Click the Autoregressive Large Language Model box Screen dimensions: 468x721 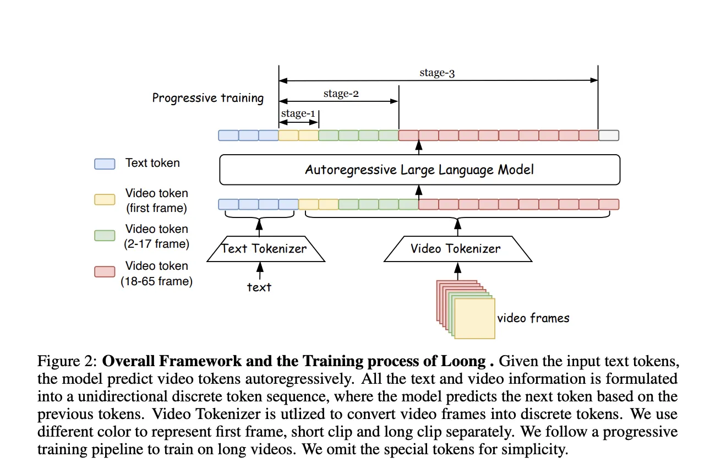(419, 170)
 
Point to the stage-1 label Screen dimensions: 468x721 (298, 113)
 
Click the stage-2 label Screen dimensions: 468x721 (341, 94)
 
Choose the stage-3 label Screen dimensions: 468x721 (437, 73)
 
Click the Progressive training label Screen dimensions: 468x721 (208, 98)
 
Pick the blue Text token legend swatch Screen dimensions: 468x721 (105, 164)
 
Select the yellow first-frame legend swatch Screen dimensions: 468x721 (105, 199)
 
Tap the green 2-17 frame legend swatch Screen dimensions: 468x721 (105, 235)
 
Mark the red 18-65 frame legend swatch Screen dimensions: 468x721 (105, 271)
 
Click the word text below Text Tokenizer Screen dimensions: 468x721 (259, 287)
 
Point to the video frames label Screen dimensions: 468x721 (533, 318)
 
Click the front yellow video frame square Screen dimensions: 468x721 (474, 318)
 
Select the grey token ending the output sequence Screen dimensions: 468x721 (609, 135)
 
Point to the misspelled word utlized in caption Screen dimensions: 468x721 (293, 414)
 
